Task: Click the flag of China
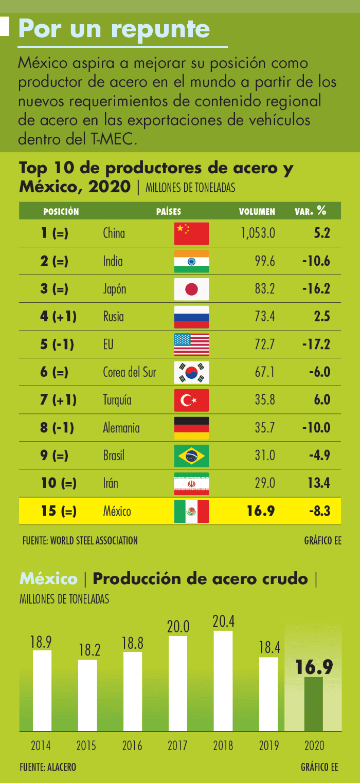(191, 233)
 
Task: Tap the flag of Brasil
(191, 456)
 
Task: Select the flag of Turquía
(191, 400)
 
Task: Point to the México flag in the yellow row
(191, 511)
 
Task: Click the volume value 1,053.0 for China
(258, 233)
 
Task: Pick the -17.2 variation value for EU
(316, 344)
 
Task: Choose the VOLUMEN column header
(257, 211)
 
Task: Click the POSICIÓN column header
(61, 211)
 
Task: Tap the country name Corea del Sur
(130, 372)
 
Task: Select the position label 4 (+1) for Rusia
(58, 317)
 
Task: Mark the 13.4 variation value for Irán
(319, 483)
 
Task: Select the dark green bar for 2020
(314, 704)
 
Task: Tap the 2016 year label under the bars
(132, 745)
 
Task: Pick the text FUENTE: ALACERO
(48, 767)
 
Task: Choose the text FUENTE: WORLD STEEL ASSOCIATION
(80, 541)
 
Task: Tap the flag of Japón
(191, 289)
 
